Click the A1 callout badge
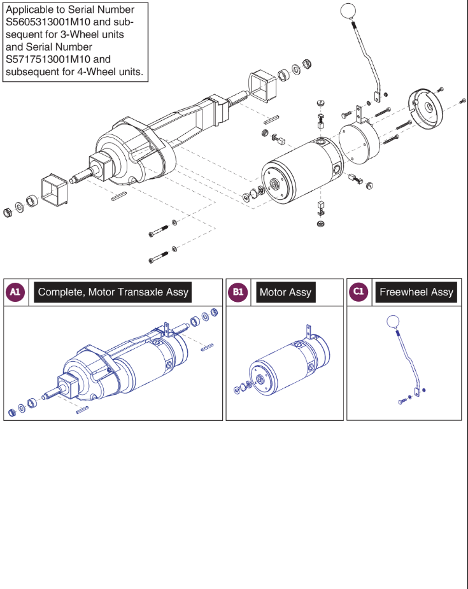pos(15,292)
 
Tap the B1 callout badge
pos(238,292)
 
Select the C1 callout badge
pos(358,292)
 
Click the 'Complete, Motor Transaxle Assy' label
pos(113,292)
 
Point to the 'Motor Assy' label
pos(285,292)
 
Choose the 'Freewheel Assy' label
pos(416,292)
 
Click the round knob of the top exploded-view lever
pos(349,11)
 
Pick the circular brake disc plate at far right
pos(425,108)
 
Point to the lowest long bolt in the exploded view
pos(159,259)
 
